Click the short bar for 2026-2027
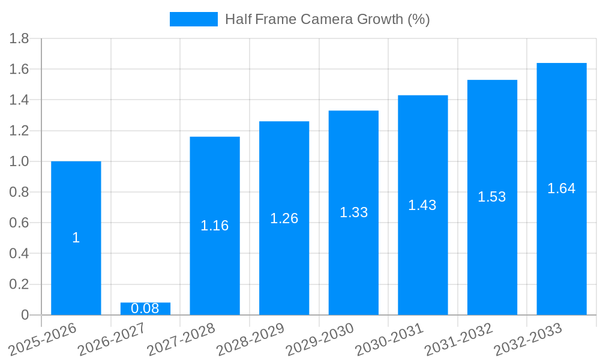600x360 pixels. pyautogui.click(x=145, y=308)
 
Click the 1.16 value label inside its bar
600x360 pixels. pyautogui.click(x=215, y=226)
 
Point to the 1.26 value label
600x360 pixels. pyautogui.click(x=284, y=218)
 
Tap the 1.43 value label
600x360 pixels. pyautogui.click(x=422, y=205)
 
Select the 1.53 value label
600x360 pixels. pyautogui.click(x=492, y=197)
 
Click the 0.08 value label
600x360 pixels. pyautogui.click(x=145, y=308)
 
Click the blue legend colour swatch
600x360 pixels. pyautogui.click(x=193, y=19)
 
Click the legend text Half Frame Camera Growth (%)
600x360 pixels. pyautogui.click(x=328, y=19)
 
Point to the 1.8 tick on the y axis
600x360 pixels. pyautogui.click(x=20, y=39)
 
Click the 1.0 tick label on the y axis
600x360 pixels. pyautogui.click(x=20, y=161)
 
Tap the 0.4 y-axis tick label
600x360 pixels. pyautogui.click(x=20, y=254)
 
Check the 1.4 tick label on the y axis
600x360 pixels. pyautogui.click(x=20, y=100)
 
